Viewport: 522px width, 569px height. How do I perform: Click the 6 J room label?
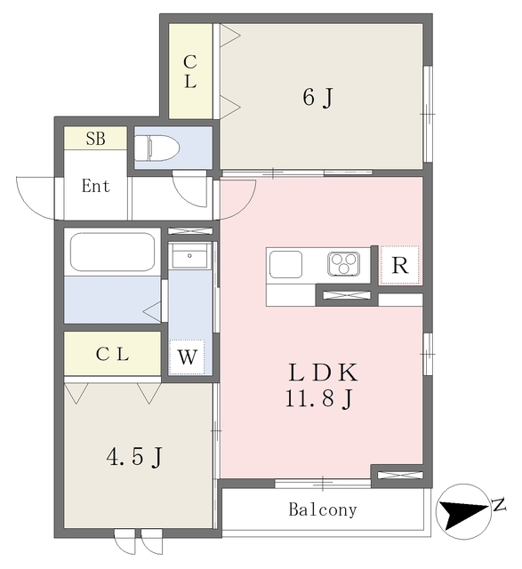click(317, 97)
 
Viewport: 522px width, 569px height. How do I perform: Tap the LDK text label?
click(321, 373)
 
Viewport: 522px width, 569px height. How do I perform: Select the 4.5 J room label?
click(134, 458)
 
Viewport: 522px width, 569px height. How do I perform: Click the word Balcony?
click(322, 510)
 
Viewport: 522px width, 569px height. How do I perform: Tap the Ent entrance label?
click(96, 187)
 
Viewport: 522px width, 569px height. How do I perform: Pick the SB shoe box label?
click(94, 139)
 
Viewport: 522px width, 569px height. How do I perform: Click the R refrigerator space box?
click(399, 266)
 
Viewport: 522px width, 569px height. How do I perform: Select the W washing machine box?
click(187, 358)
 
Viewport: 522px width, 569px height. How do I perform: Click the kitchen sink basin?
click(286, 264)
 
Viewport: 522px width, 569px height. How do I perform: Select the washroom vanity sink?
click(189, 258)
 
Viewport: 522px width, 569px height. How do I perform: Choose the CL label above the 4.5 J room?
click(113, 354)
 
